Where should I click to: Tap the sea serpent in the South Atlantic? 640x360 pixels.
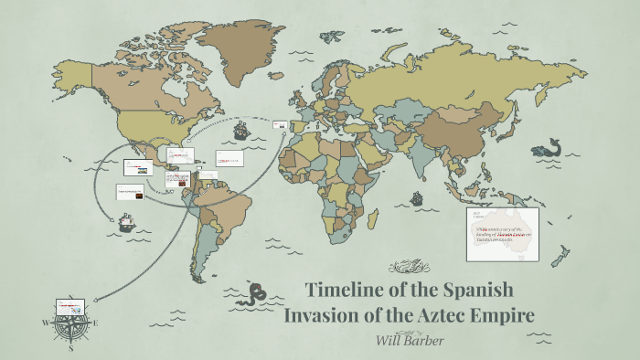click(x=257, y=291)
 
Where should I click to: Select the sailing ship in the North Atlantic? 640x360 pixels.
click(x=241, y=131)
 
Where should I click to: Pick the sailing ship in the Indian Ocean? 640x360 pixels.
click(x=417, y=197)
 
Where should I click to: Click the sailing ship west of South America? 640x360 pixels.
click(x=127, y=222)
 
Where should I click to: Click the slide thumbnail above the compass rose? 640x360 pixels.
click(x=69, y=303)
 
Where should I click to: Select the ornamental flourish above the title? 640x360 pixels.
click(x=409, y=267)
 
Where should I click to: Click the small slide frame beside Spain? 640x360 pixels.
click(x=280, y=125)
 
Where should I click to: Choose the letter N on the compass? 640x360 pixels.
click(x=70, y=310)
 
